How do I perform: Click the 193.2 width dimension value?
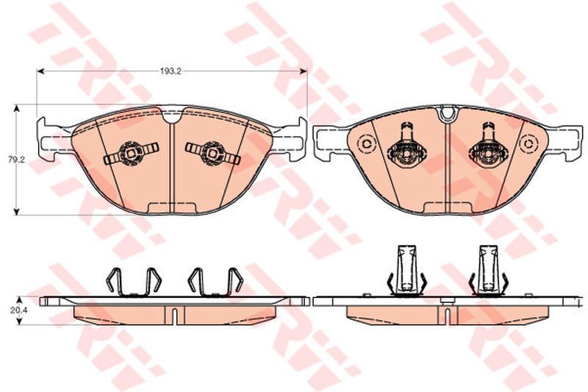(x=171, y=71)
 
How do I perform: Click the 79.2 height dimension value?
(x=16, y=160)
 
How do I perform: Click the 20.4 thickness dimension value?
(x=16, y=310)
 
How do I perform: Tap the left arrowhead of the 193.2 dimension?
(x=40, y=71)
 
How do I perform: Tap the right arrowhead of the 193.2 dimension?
(x=304, y=71)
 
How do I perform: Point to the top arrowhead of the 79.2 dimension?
(x=16, y=108)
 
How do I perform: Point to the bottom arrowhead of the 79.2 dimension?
(x=16, y=212)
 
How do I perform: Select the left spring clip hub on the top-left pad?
(x=131, y=153)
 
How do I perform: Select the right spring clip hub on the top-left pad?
(x=212, y=153)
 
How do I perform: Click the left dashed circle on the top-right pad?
(x=366, y=143)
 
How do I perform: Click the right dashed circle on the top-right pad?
(x=528, y=143)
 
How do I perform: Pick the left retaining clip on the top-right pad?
(x=406, y=146)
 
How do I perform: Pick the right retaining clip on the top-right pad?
(x=488, y=146)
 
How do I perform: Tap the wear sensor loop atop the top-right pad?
(x=448, y=114)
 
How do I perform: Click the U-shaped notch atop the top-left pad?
(x=172, y=115)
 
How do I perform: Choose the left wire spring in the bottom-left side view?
(x=134, y=282)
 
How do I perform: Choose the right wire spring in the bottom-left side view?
(x=215, y=282)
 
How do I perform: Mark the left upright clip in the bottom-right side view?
(x=406, y=270)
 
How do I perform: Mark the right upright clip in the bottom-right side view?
(x=489, y=270)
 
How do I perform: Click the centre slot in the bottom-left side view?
(x=174, y=316)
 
